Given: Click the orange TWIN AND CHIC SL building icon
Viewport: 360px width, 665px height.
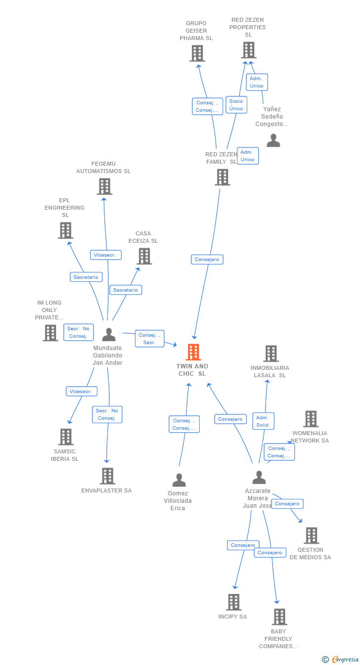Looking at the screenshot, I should tap(193, 352).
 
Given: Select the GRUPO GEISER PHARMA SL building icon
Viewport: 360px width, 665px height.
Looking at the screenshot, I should tap(197, 53).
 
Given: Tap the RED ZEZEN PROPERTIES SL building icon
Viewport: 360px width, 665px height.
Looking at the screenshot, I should tap(248, 50).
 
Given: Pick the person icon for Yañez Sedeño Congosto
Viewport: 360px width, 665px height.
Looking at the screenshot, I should tap(273, 140).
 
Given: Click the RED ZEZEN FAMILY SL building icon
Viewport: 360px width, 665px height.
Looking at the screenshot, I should tap(223, 177).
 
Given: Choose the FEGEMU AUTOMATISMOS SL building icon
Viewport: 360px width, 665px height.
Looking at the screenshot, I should tap(104, 186).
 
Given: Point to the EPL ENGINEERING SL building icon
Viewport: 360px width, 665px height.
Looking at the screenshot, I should tap(65, 230).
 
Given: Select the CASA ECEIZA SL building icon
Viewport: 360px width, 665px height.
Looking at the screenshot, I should tap(144, 256).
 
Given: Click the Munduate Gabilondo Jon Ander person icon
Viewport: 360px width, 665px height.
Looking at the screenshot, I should tap(109, 335).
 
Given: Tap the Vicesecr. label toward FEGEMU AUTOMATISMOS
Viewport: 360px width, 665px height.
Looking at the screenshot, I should tap(106, 255).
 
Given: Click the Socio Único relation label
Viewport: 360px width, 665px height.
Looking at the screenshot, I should tap(236, 105).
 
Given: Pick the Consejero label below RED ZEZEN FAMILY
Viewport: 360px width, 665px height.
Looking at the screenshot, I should tap(207, 260).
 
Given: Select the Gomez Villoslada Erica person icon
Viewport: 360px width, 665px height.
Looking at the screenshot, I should tap(179, 480).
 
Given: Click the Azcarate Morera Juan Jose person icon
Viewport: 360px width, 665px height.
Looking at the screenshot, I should tap(259, 478).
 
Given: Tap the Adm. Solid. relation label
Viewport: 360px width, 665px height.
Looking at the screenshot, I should tap(263, 421).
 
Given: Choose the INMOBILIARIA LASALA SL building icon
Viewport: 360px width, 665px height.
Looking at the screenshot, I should tap(271, 354).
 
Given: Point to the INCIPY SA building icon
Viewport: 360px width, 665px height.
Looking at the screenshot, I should tap(233, 602).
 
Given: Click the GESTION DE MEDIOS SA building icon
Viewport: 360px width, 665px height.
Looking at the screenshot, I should tap(311, 535).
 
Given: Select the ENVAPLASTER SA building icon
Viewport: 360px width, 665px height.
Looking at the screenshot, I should tap(107, 476).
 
